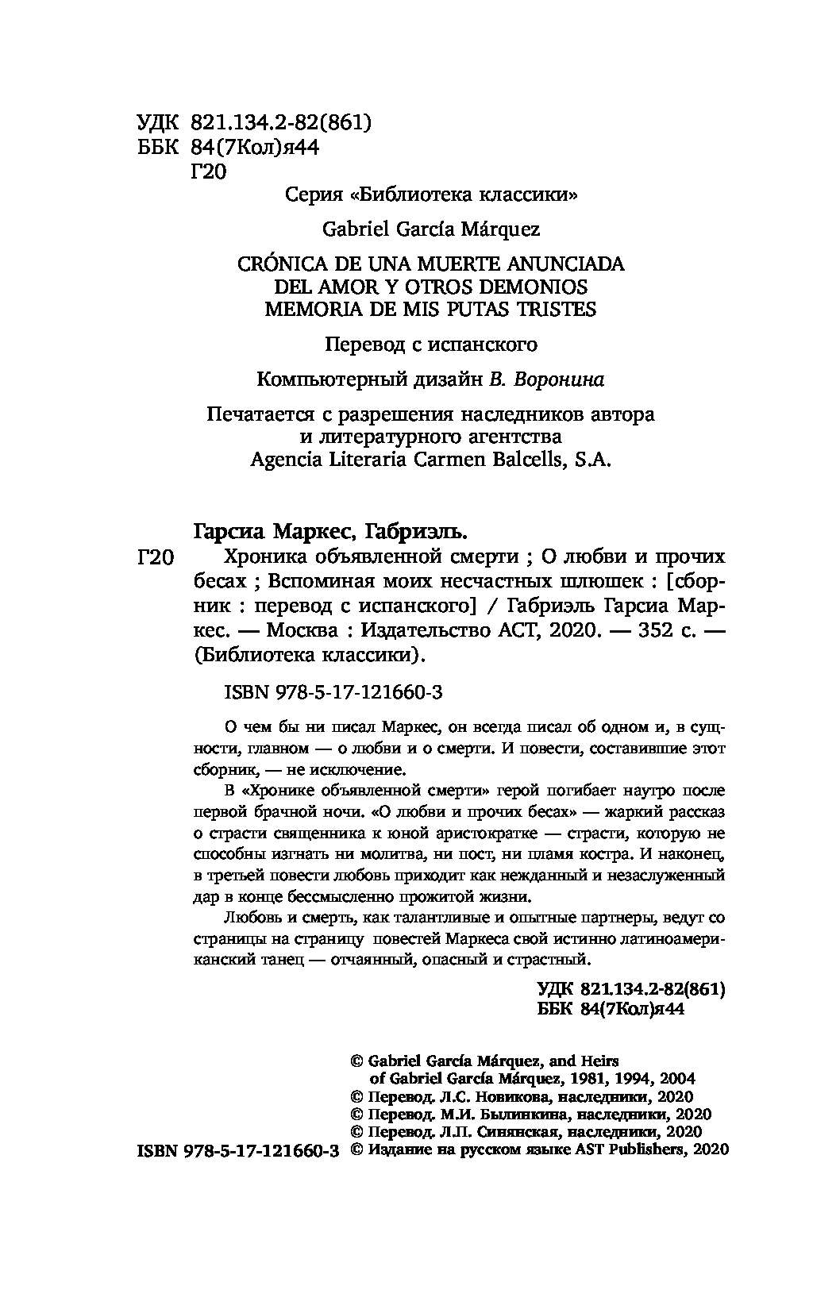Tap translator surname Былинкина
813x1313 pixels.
click(501, 1114)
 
